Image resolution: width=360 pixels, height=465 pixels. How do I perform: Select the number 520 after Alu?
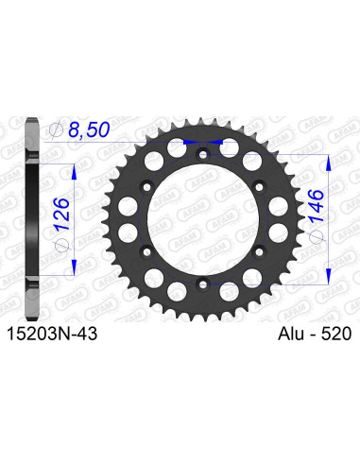coord(334,334)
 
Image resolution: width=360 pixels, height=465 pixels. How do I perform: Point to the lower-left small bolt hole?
coord(144,249)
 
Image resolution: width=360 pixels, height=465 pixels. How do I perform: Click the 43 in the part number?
coord(85,334)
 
